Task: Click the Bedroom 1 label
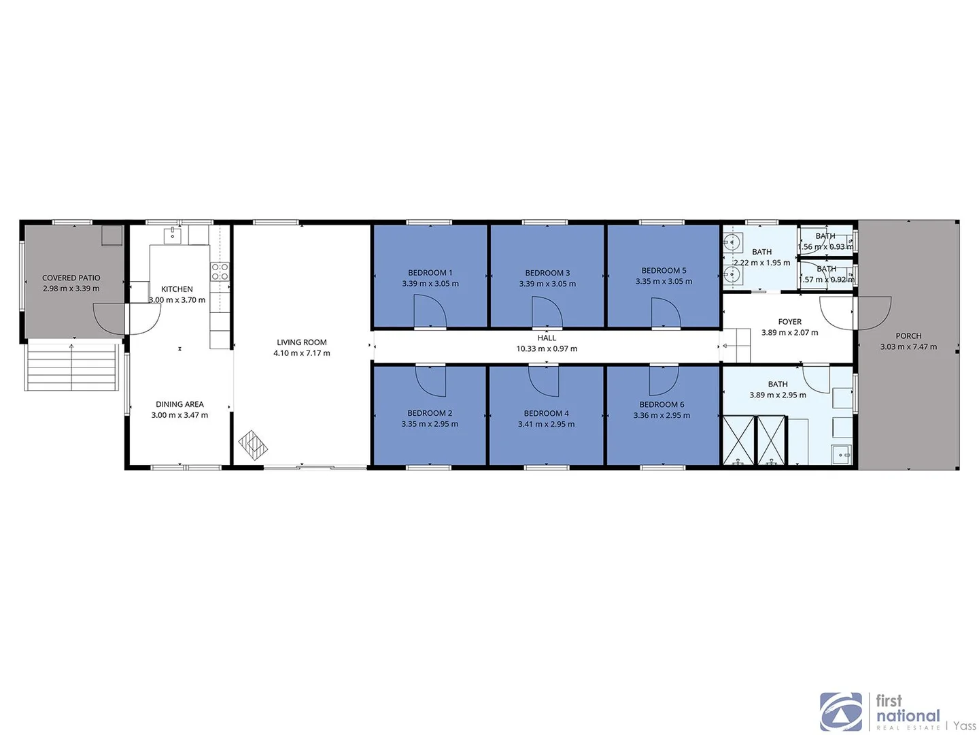pyautogui.click(x=430, y=273)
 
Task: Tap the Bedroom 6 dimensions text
pyautogui.click(x=662, y=416)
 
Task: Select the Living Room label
pyautogui.click(x=301, y=342)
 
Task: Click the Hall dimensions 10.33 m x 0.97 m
pyautogui.click(x=547, y=349)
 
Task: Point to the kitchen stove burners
pyautogui.click(x=220, y=272)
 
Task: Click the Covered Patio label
pyautogui.click(x=71, y=278)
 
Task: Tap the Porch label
pyautogui.click(x=908, y=336)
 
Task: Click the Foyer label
pyautogui.click(x=789, y=322)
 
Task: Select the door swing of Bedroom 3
pyautogui.click(x=547, y=313)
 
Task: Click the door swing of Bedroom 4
pyautogui.click(x=544, y=380)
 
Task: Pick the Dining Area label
pyautogui.click(x=179, y=404)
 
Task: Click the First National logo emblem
pyautogui.click(x=841, y=712)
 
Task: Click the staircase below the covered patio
pyautogui.click(x=71, y=367)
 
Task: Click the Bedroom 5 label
pyautogui.click(x=664, y=271)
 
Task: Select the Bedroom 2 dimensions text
pyautogui.click(x=430, y=424)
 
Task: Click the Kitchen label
pyautogui.click(x=177, y=289)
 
